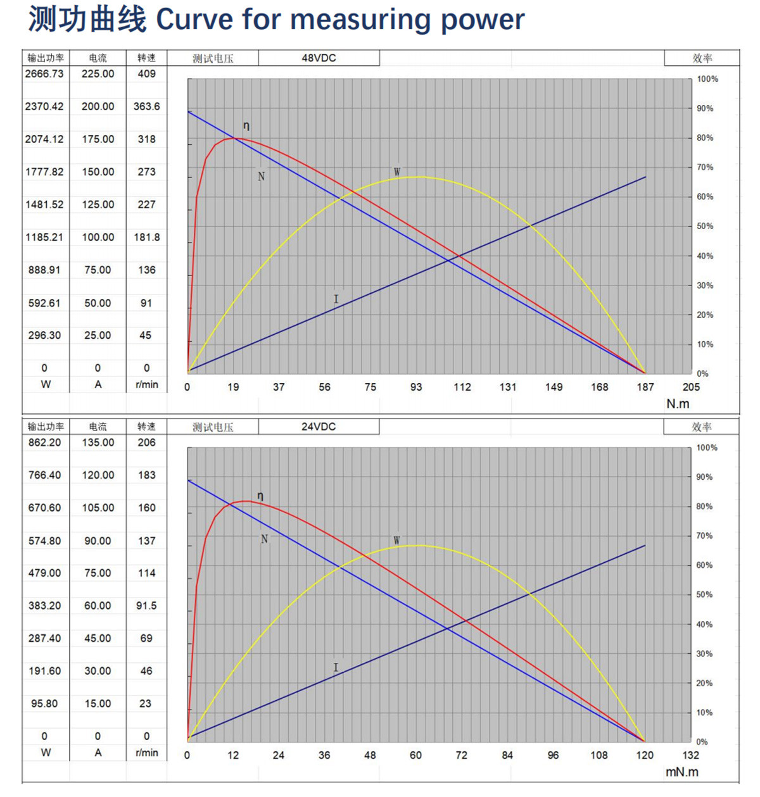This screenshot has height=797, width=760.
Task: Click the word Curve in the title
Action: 195,20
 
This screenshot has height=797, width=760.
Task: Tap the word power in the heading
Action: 483,20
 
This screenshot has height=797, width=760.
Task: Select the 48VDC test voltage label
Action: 319,58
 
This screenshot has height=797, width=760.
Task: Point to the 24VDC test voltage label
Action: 319,427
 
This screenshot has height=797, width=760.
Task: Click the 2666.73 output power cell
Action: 44,74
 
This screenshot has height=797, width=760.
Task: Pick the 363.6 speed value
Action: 146,106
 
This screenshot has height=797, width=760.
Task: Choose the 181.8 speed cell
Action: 146,237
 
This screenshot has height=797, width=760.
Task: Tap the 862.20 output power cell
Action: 44,442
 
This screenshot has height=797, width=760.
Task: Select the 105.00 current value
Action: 98,508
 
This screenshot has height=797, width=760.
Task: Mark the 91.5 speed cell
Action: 146,606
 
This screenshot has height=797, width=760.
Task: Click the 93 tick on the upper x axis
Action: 415,387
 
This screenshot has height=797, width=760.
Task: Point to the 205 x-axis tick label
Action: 691,387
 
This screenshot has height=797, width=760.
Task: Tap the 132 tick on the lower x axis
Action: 691,755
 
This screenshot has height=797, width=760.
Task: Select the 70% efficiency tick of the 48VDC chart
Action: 705,167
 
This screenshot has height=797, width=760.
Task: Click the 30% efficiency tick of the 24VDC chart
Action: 704,654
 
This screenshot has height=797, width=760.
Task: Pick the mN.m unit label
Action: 681,772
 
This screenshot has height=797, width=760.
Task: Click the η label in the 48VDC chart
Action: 246,126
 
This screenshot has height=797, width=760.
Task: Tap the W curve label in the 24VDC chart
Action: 396,541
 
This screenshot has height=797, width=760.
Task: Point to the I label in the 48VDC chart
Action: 336,299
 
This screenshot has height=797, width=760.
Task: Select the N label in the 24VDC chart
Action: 264,539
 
